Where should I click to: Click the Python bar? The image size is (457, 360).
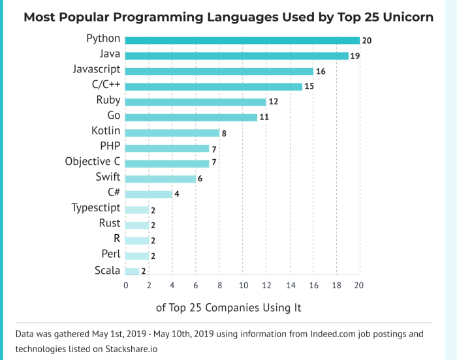click(242, 40)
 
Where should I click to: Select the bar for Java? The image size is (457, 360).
click(236, 56)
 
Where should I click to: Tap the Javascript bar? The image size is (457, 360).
click(219, 71)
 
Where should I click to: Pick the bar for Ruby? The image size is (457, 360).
click(195, 102)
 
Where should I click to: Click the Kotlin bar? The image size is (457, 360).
click(172, 132)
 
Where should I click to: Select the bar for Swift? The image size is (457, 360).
click(160, 179)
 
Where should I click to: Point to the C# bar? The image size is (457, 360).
click(148, 194)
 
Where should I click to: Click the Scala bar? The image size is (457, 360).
click(131, 271)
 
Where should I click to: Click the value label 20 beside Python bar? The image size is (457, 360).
click(367, 40)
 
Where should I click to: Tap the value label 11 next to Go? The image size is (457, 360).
click(266, 117)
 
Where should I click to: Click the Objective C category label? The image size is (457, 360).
click(93, 161)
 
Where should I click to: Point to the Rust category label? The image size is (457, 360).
click(109, 223)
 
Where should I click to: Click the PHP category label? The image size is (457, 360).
click(110, 145)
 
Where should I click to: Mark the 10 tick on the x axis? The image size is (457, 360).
click(242, 285)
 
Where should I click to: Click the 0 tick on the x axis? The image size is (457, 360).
click(125, 285)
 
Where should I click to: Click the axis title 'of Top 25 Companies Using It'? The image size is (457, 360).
click(228, 307)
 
